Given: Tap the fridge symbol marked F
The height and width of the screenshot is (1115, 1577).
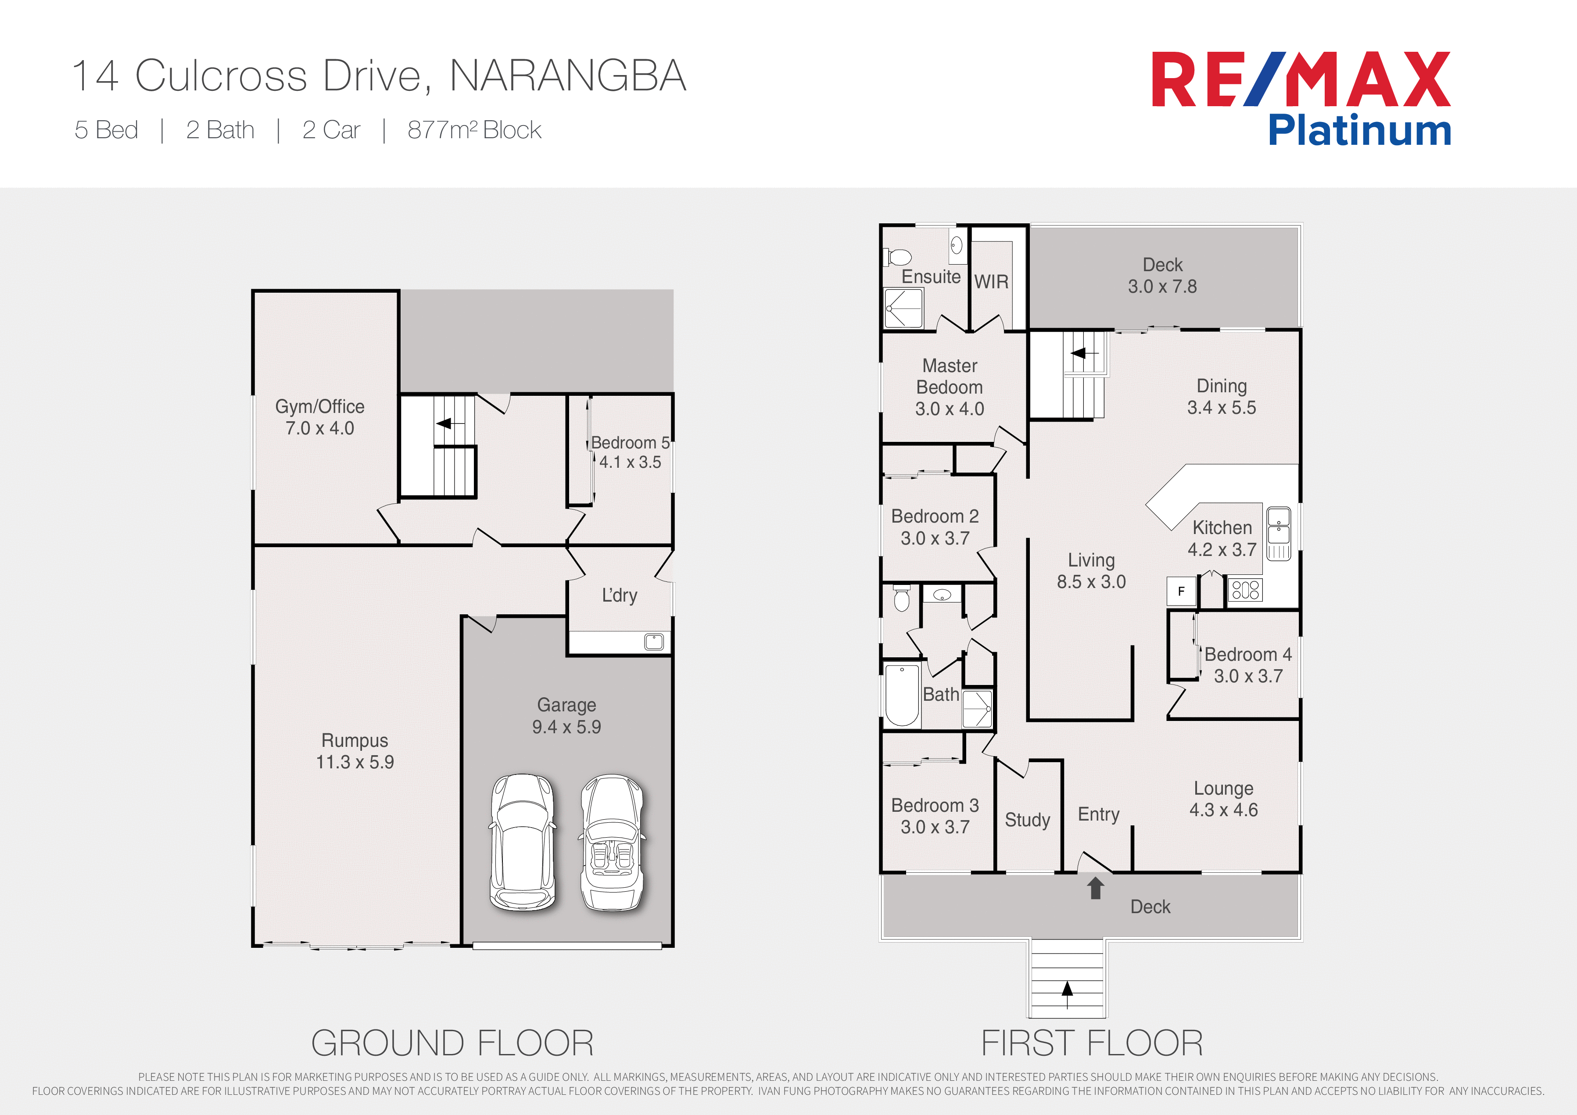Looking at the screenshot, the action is [x=1181, y=591].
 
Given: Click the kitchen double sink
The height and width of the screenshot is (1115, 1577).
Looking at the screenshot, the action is [x=1278, y=534].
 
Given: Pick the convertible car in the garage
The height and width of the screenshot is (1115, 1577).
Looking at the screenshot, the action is [x=612, y=842].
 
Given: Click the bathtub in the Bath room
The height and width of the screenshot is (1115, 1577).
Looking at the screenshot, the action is [x=902, y=695].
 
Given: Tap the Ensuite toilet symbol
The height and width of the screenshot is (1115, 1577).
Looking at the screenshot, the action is [x=897, y=258].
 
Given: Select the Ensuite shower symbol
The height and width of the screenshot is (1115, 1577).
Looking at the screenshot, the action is [x=903, y=308].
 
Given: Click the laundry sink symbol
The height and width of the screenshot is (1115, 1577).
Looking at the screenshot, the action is [x=654, y=642].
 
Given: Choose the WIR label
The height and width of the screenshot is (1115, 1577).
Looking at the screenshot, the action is [x=991, y=282].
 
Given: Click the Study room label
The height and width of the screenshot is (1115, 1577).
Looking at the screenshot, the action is [x=1028, y=820].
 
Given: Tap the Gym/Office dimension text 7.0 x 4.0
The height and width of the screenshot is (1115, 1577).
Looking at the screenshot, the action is [x=319, y=428].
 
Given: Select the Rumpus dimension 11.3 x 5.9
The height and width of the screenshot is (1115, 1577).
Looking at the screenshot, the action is [x=355, y=762].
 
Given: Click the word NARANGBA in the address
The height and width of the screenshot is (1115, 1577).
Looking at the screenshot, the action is [x=568, y=75].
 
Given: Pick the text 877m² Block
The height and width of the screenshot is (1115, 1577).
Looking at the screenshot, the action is [x=475, y=130].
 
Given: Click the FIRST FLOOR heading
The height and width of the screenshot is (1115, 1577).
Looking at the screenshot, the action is [x=1092, y=1043].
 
